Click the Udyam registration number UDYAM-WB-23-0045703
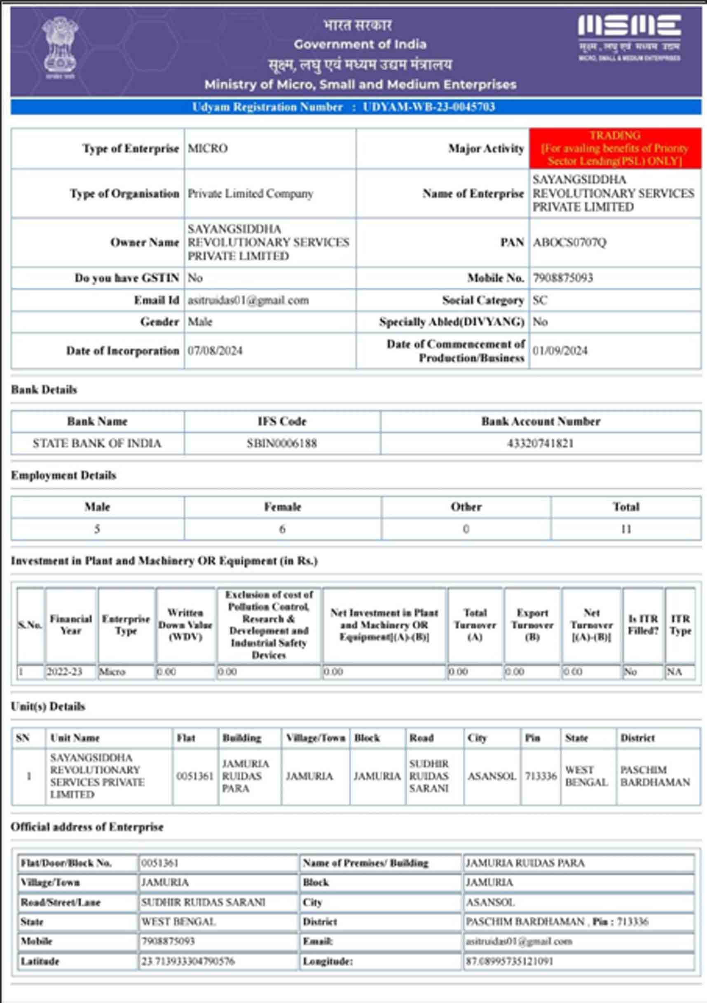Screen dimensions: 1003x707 [428, 107]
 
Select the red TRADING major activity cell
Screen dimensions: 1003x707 [615, 149]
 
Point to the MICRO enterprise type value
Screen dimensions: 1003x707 [208, 149]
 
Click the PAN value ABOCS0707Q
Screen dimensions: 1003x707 [569, 243]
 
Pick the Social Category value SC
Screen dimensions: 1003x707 [540, 301]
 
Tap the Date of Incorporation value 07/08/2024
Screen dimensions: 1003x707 [215, 351]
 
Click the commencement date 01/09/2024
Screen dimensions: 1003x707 [560, 351]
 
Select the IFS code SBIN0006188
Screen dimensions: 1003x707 [281, 444]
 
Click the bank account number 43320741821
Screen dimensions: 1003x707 [540, 444]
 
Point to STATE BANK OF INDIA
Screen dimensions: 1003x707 [97, 444]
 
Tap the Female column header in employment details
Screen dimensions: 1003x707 [283, 507]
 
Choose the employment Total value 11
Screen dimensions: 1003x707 [626, 529]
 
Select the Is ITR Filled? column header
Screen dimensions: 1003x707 [643, 625]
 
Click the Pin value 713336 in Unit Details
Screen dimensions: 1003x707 [541, 776]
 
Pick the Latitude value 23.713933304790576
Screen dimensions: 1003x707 [187, 961]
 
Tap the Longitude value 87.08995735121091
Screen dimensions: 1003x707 [509, 961]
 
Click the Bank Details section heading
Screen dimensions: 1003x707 [44, 390]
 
